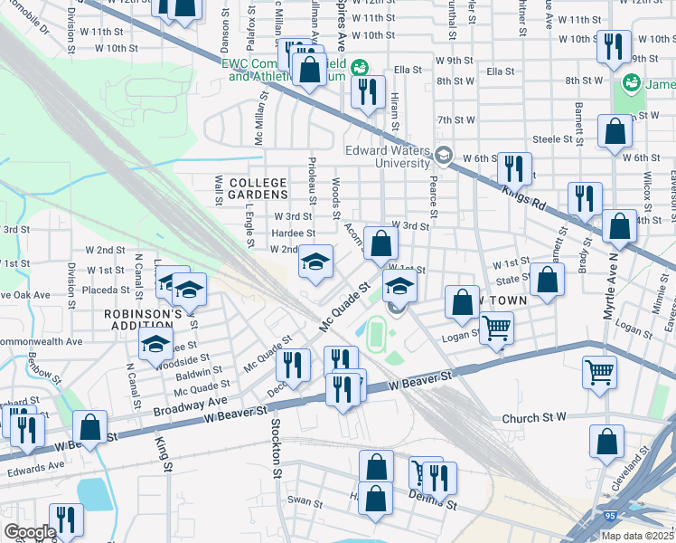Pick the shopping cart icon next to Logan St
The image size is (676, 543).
[x=496, y=328]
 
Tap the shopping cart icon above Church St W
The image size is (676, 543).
[x=600, y=371]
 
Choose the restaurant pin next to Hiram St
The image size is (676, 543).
[x=368, y=91]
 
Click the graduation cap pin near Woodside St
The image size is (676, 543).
[x=155, y=344]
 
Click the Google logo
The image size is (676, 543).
[x=29, y=531]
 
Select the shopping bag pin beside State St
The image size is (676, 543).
[x=547, y=280]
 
